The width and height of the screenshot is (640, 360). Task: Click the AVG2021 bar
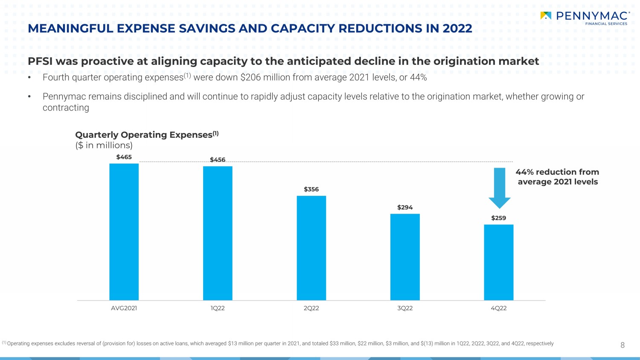click(x=124, y=232)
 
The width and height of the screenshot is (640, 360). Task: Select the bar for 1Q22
click(x=218, y=233)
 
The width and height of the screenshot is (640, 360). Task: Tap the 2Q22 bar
click(x=311, y=248)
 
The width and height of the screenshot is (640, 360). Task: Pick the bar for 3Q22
click(x=405, y=257)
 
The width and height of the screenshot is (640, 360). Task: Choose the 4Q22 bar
click(x=498, y=262)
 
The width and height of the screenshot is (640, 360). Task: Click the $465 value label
click(x=124, y=157)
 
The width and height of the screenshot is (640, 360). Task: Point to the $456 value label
click(x=218, y=160)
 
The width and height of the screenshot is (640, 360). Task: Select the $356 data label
click(x=311, y=189)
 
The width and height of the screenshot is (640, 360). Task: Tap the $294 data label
click(x=405, y=207)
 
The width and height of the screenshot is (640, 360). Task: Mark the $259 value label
click(x=498, y=218)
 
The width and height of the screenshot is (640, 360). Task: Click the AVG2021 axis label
click(x=124, y=308)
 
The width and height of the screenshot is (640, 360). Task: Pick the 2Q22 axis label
click(x=311, y=308)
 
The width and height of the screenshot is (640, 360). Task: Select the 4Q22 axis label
click(x=498, y=308)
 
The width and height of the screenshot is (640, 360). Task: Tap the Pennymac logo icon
click(x=546, y=16)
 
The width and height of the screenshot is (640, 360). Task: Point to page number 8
click(x=623, y=345)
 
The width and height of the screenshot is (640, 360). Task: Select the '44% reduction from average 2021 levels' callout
click(x=557, y=177)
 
